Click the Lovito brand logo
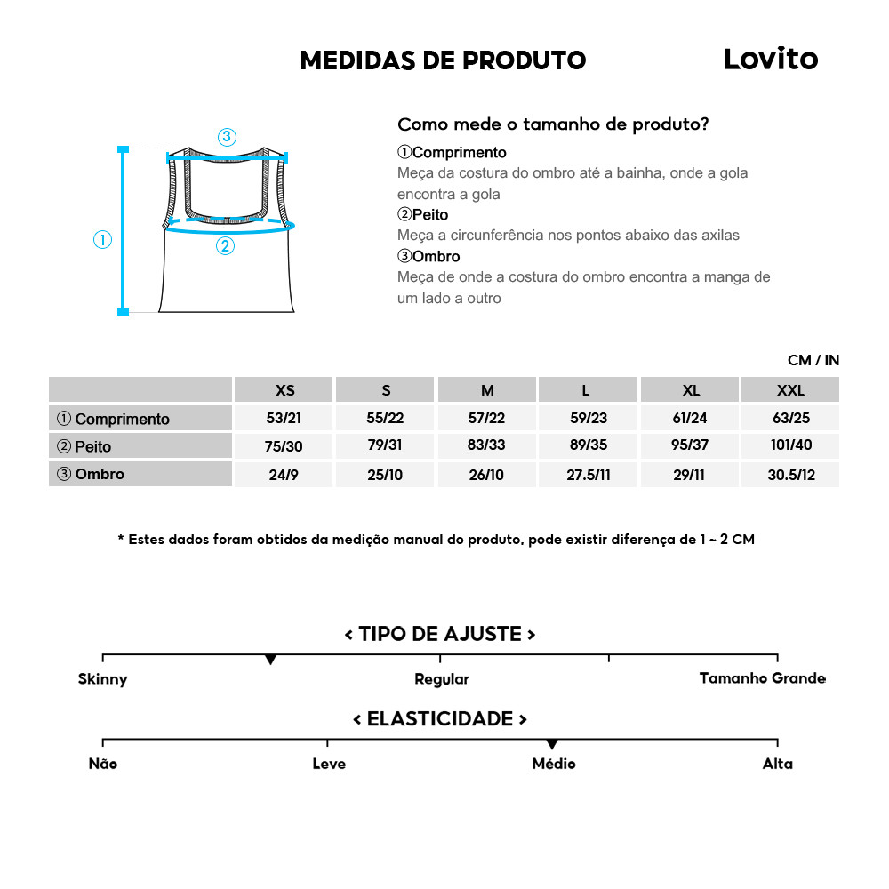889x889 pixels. pyautogui.click(x=770, y=60)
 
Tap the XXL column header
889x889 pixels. pyautogui.click(x=790, y=390)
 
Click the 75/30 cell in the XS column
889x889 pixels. pyautogui.click(x=285, y=446)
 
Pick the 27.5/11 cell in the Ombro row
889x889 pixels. pyautogui.click(x=589, y=475)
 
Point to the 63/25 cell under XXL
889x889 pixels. pyautogui.click(x=790, y=418)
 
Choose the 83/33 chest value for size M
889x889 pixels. pyautogui.click(x=487, y=446)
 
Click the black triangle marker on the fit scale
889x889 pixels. pyautogui.click(x=271, y=660)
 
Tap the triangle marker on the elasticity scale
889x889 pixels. pyautogui.click(x=552, y=744)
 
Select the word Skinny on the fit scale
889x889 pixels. pyautogui.click(x=103, y=679)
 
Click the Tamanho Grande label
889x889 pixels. pyautogui.click(x=762, y=678)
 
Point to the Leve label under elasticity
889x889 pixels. pyautogui.click(x=329, y=764)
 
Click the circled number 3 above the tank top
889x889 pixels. pyautogui.click(x=227, y=137)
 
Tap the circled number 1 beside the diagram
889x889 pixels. pyautogui.click(x=103, y=240)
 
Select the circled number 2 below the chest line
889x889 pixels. pyautogui.click(x=225, y=246)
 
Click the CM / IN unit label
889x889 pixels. pyautogui.click(x=813, y=360)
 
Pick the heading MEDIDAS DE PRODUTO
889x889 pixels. pyautogui.click(x=443, y=60)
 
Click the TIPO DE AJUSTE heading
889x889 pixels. pyautogui.click(x=440, y=634)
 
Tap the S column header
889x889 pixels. pyautogui.click(x=386, y=390)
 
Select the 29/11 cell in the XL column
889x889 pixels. pyautogui.click(x=689, y=475)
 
